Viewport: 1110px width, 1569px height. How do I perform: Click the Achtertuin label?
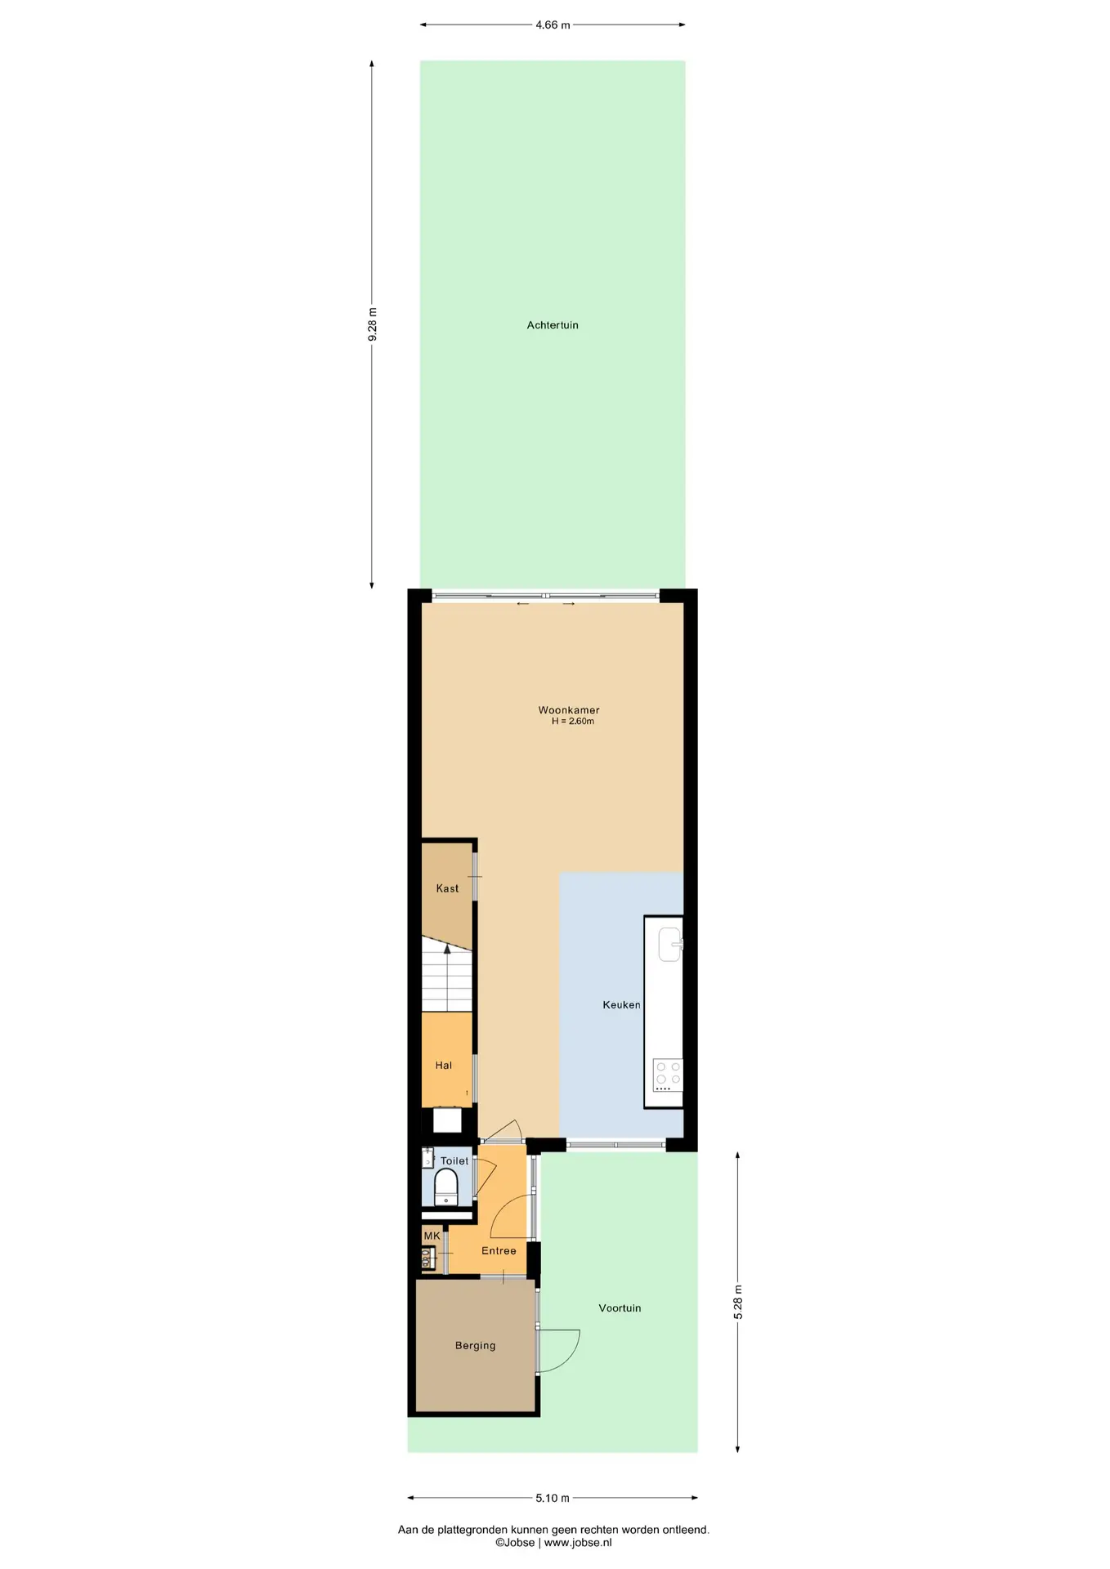click(x=552, y=325)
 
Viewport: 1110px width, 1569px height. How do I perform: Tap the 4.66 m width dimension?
click(x=553, y=25)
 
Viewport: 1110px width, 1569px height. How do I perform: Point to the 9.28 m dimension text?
click(x=373, y=324)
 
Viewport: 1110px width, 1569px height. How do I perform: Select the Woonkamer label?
click(x=568, y=710)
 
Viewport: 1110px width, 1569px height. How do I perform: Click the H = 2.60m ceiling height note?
click(x=572, y=722)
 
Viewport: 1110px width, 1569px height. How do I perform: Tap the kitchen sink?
click(x=670, y=945)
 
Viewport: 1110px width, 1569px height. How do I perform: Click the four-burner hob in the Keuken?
click(x=667, y=1075)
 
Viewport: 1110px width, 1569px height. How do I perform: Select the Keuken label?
click(x=621, y=1005)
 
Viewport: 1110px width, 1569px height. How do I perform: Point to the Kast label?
click(x=447, y=888)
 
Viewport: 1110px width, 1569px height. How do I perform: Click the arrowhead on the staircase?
click(x=447, y=949)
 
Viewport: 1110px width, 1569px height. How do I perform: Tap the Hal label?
click(x=444, y=1066)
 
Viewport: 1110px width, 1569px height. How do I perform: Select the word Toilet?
click(x=454, y=1161)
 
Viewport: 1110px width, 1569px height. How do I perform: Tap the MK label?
click(x=432, y=1236)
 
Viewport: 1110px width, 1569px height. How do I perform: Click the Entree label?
click(x=499, y=1251)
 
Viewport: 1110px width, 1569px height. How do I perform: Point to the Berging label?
click(x=475, y=1346)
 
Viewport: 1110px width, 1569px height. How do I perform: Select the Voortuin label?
click(x=620, y=1308)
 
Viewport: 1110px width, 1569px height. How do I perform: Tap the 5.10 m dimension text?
click(x=553, y=1498)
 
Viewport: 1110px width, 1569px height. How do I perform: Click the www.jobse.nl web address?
click(x=578, y=1543)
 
